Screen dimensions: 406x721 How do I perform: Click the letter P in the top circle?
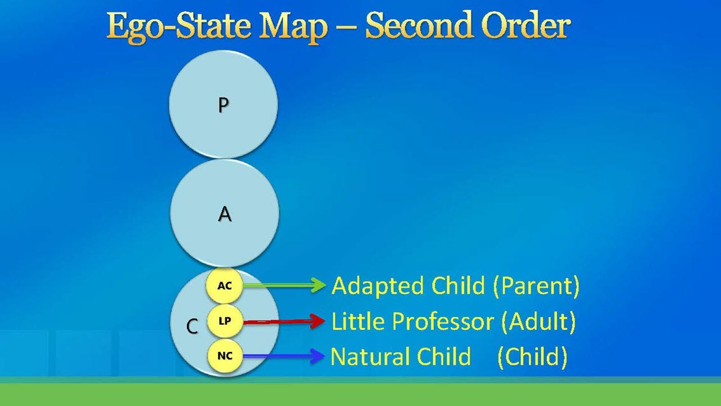[x=224, y=105]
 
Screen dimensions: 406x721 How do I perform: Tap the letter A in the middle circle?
[x=224, y=214]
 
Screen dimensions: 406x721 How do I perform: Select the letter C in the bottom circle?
[x=192, y=326]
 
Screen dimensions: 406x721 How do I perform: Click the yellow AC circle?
[x=224, y=286]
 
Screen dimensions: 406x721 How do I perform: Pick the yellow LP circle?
[x=224, y=321]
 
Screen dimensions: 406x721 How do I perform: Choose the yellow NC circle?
[x=224, y=356]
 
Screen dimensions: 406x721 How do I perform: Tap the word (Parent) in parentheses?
[x=535, y=286]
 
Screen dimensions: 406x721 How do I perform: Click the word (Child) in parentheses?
[x=532, y=357]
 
